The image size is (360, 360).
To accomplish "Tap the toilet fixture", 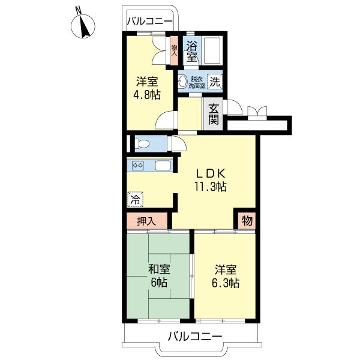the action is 142,144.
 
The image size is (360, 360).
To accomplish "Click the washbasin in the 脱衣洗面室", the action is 183,81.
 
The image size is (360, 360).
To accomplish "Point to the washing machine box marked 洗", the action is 215,82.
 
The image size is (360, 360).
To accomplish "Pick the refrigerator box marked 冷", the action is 135,199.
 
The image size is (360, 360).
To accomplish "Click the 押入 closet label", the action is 146,221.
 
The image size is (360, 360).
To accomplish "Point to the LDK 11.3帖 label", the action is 211,180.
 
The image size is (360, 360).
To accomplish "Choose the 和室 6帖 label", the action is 159,275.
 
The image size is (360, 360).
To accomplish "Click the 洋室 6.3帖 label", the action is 226,277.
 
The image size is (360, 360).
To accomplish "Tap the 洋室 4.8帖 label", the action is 147,88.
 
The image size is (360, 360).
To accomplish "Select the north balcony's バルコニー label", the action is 149,22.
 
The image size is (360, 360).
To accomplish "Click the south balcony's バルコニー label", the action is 195,337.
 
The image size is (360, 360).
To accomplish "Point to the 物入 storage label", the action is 174,50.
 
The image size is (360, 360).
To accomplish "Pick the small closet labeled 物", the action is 247,221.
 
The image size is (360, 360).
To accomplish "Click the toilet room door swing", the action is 178,144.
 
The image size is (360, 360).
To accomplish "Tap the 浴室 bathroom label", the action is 192,51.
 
